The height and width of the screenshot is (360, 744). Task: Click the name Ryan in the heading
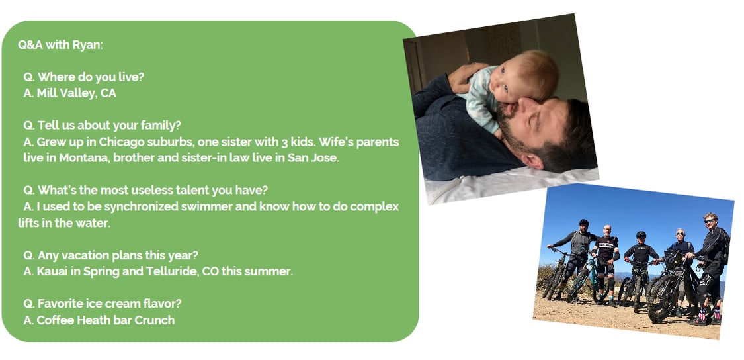(x=87, y=45)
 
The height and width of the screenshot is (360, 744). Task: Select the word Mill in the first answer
(x=46, y=93)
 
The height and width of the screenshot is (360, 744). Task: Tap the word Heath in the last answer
(x=92, y=320)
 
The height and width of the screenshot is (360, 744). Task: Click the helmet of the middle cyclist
(x=641, y=235)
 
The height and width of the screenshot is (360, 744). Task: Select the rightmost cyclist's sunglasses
(x=710, y=220)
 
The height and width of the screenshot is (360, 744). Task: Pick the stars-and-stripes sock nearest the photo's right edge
(x=716, y=314)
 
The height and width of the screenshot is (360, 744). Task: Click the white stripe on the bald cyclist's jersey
(x=607, y=245)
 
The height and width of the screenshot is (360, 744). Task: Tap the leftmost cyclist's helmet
(x=583, y=222)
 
